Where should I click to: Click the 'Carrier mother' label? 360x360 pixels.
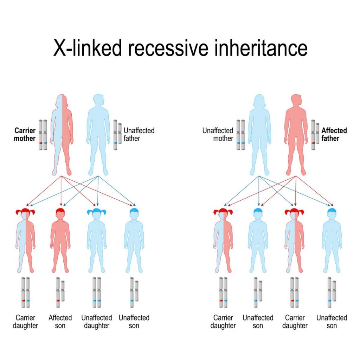pos(25,135)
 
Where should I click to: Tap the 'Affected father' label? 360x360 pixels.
pos(334,135)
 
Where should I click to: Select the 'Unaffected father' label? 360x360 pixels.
pos(139,135)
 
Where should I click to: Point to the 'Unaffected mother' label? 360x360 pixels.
pos(218,135)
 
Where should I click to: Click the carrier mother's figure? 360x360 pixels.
pos(62,134)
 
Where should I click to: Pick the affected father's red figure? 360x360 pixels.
pos(296,134)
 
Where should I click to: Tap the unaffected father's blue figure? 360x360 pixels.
pos(98,134)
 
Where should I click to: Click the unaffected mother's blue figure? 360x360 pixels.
pos(259,134)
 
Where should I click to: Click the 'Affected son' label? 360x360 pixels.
pos(60,322)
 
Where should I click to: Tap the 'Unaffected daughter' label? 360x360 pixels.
pos(97,322)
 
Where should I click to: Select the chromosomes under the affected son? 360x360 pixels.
pos(60,292)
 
